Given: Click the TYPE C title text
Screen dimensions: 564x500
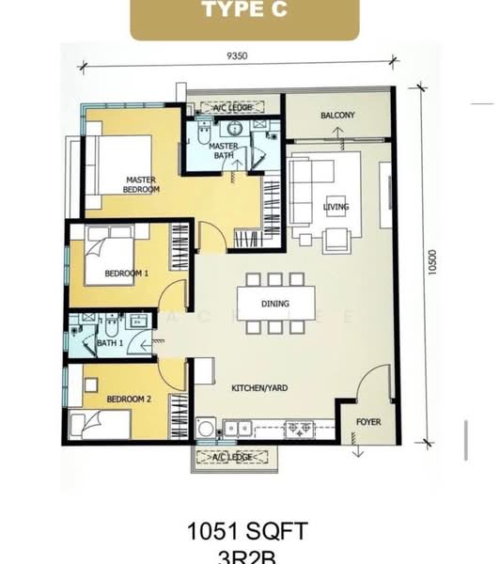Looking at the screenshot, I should point(244,12).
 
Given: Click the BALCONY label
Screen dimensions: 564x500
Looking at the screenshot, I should point(337,116).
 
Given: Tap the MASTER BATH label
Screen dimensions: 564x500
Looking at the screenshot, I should point(223,150).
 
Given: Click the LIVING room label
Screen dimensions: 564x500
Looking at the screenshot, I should point(336,207).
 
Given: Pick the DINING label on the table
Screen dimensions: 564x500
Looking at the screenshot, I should point(276,304).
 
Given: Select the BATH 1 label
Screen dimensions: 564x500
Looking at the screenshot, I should point(111,343).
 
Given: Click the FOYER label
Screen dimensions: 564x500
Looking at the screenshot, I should point(368,422).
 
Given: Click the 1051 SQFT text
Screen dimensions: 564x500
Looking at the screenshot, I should point(249,532).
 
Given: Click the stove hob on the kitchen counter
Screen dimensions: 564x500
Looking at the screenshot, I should point(300,429).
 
